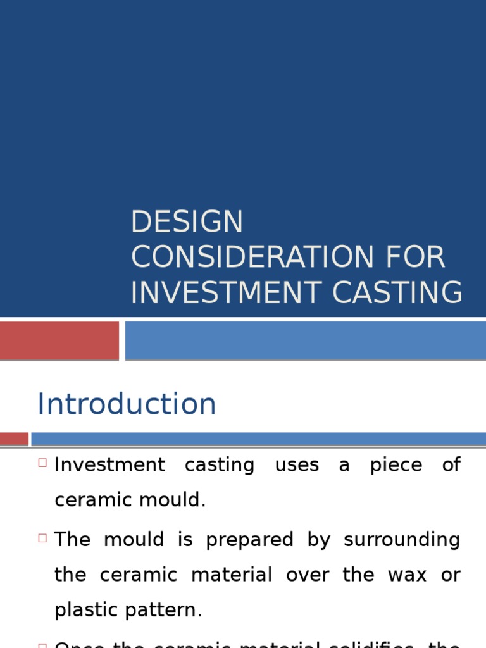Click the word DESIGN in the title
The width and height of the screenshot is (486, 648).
[x=187, y=223]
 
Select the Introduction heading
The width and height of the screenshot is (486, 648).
[x=127, y=404]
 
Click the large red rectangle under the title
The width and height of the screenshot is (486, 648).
[x=59, y=340]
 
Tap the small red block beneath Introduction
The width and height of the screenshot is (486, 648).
[x=14, y=439]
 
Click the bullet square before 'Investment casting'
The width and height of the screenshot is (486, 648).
[x=43, y=463]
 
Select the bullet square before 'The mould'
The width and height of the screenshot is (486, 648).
[x=43, y=538]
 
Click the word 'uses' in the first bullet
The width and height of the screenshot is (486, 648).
[x=297, y=465]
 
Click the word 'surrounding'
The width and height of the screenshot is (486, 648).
[x=402, y=540]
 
